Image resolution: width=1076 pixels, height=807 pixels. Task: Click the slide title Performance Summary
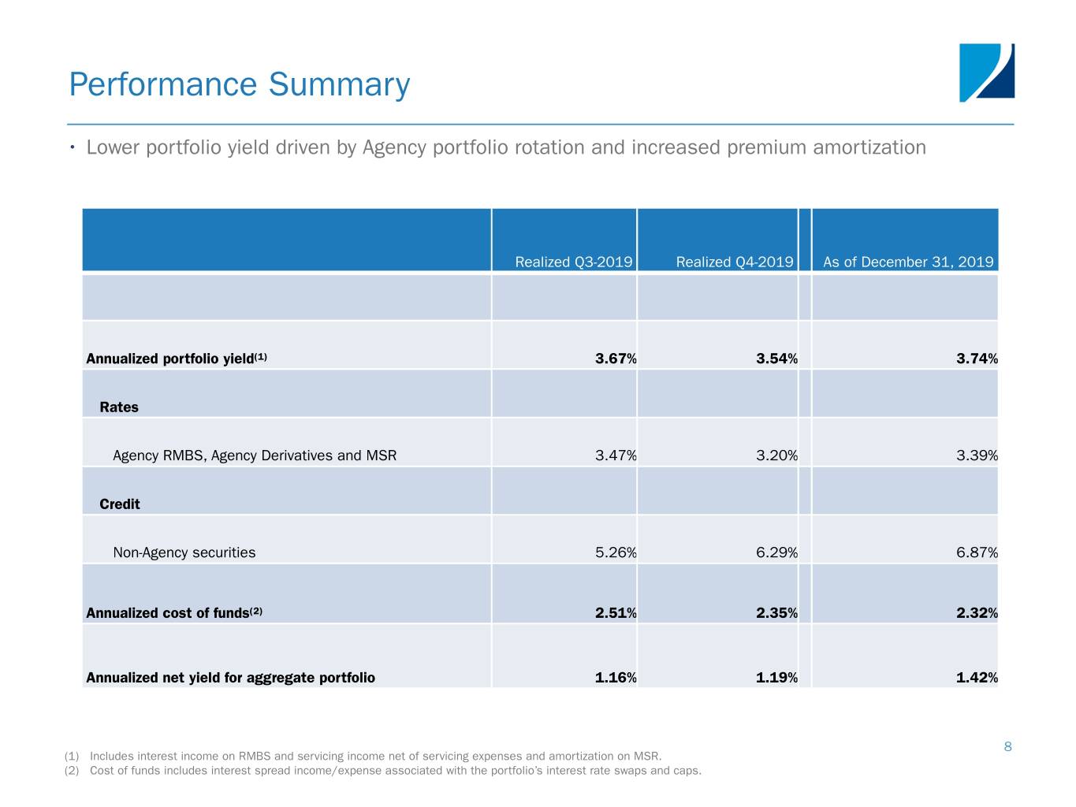[x=240, y=85]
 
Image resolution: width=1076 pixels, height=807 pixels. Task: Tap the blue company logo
[x=986, y=73]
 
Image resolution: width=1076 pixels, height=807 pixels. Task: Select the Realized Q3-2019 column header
[x=573, y=262]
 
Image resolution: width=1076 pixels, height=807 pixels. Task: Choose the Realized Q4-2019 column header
[x=734, y=262]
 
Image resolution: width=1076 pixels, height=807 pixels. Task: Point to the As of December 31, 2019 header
[x=908, y=262]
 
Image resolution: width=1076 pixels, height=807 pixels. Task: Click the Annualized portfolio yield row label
[x=176, y=359]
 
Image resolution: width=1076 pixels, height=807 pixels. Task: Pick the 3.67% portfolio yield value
[x=616, y=359]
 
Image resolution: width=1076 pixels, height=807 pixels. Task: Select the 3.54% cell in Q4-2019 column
[x=776, y=359]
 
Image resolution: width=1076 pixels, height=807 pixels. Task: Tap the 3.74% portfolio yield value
[x=977, y=359]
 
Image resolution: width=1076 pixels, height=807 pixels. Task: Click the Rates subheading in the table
[x=119, y=407]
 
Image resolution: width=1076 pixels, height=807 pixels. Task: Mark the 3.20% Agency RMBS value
[x=776, y=456]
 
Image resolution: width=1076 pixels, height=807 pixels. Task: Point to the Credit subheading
[x=120, y=504]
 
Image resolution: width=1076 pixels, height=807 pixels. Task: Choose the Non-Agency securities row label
[x=184, y=552]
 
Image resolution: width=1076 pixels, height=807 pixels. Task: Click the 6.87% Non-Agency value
[x=977, y=552]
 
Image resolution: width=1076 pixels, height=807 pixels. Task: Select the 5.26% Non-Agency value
[x=616, y=552]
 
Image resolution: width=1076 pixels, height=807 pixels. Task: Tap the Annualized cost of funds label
[x=173, y=613]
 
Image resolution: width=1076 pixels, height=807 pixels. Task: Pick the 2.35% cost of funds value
[x=776, y=613]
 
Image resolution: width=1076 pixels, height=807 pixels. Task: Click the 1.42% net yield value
[x=977, y=678]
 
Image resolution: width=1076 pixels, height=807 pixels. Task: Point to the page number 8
[x=1007, y=746]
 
